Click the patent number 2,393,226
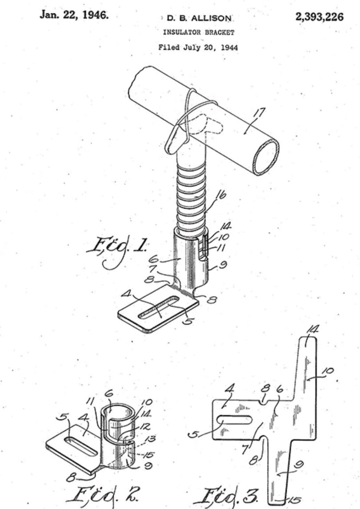click(319, 16)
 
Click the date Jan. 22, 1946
click(74, 15)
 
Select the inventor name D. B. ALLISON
click(199, 18)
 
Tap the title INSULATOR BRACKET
click(199, 32)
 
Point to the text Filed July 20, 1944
click(198, 48)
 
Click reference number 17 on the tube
click(259, 114)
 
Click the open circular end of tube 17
click(266, 156)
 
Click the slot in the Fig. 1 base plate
click(159, 307)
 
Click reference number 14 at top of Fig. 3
click(312, 330)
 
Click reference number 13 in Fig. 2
click(150, 439)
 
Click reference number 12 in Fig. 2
click(146, 426)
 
